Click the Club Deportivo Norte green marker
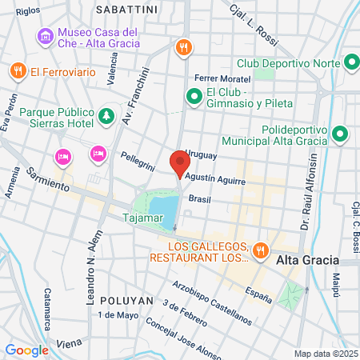351,62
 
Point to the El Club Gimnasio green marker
193,97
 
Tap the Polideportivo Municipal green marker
341,134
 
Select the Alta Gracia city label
307,262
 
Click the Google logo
26,350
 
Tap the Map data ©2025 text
325,354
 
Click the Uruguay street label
200,153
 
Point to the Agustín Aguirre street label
214,180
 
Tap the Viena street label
70,343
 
